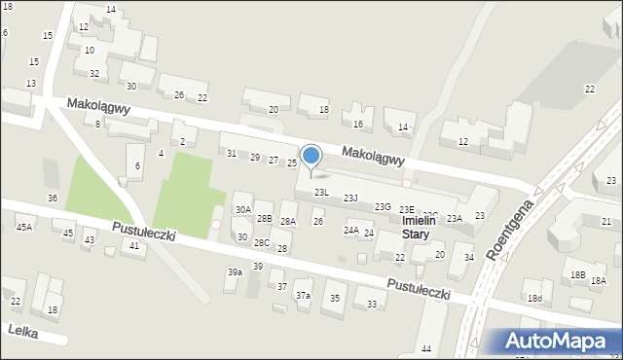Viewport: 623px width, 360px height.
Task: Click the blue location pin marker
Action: click(x=311, y=157)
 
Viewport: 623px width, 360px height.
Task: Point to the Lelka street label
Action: click(x=21, y=331)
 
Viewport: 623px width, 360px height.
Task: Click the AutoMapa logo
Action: click(x=556, y=342)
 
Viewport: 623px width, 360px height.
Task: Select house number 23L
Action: click(x=320, y=193)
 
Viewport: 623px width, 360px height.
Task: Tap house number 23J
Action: click(x=350, y=198)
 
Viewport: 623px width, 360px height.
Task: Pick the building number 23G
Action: click(x=383, y=206)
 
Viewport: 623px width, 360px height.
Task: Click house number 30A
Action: click(x=243, y=209)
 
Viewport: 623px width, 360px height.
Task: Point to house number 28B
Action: click(x=264, y=219)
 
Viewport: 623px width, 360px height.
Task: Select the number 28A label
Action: click(x=287, y=222)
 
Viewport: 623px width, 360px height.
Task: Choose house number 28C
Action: click(x=262, y=242)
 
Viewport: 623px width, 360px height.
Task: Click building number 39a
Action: click(x=235, y=272)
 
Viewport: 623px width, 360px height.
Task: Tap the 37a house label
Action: click(x=303, y=295)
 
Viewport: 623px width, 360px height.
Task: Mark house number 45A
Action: click(x=24, y=227)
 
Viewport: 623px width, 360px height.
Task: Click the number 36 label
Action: click(x=53, y=198)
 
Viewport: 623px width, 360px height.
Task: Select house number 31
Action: click(x=232, y=154)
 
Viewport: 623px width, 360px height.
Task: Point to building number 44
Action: click(x=426, y=348)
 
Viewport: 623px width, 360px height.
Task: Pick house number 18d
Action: click(x=533, y=298)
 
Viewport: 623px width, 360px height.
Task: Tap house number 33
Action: click(x=372, y=305)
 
